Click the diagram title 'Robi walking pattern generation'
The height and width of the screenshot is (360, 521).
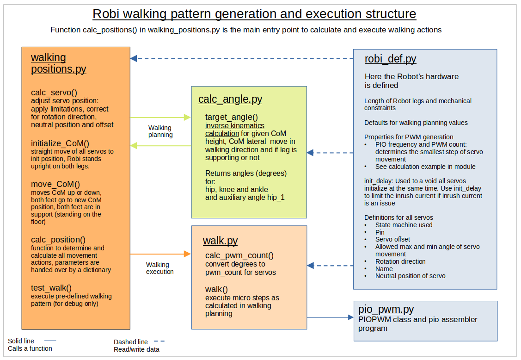coord(254,14)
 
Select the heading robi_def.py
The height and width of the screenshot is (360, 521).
coord(390,59)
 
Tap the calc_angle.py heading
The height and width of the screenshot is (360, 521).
coord(230,99)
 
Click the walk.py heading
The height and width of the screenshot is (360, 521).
coord(220,241)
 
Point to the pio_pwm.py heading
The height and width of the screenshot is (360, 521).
coord(386,309)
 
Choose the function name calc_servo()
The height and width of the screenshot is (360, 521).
coord(54,92)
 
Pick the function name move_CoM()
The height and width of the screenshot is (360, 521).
coord(55,184)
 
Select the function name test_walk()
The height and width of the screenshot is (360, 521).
coord(51,287)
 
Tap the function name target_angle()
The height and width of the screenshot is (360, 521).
coord(232,118)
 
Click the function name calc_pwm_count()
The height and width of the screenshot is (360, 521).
coord(239,255)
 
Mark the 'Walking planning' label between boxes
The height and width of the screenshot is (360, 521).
coord(160,131)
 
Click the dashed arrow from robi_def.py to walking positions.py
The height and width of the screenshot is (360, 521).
coord(240,59)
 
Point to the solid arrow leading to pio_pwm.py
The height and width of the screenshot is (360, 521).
coord(330,317)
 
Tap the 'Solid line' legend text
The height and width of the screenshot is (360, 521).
coord(21,341)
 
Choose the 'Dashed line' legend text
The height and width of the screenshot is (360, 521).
coord(131,342)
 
